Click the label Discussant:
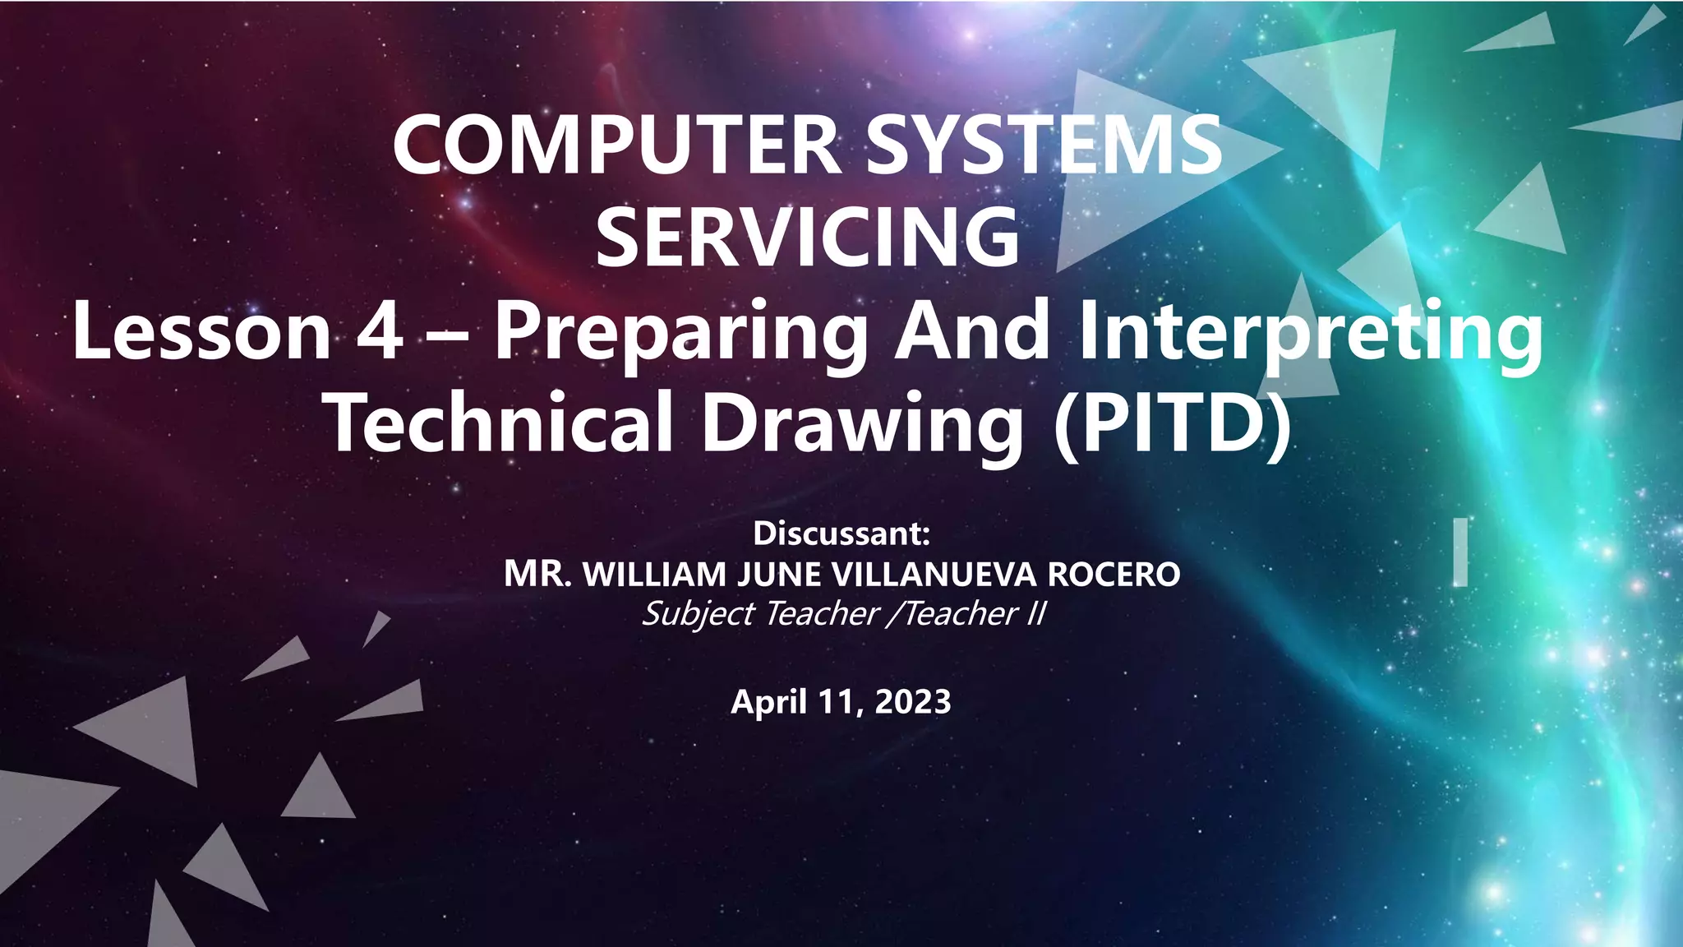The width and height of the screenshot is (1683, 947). [841, 534]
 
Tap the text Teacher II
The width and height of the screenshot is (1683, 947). [975, 613]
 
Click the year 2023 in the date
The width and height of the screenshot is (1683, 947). [913, 701]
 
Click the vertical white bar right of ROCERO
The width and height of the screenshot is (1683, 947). [1459, 552]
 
